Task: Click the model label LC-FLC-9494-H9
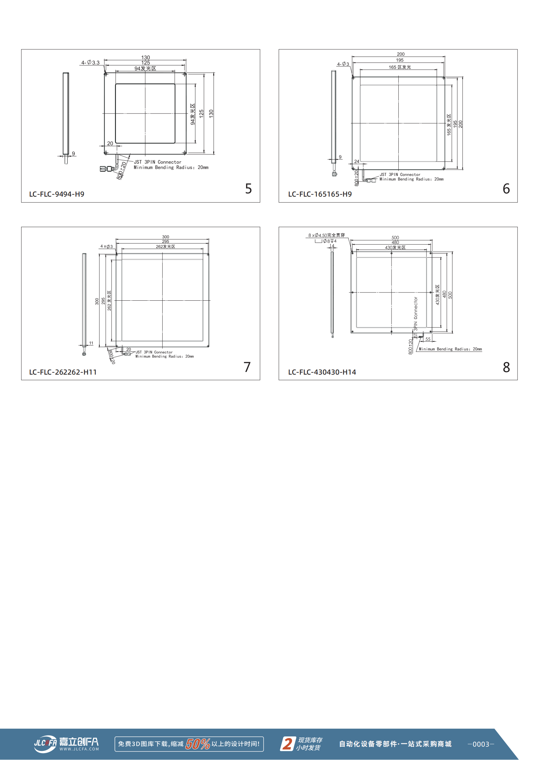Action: tap(57, 194)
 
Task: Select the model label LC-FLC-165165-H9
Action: tap(320, 194)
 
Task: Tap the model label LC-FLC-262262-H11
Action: tap(63, 372)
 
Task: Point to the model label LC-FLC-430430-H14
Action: tap(322, 372)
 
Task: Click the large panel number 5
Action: tap(249, 188)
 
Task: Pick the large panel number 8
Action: tap(506, 367)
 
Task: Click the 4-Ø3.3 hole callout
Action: tap(90, 62)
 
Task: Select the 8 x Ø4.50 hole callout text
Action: tap(326, 235)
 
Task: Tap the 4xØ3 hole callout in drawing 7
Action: tap(107, 247)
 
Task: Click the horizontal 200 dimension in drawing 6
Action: tap(401, 54)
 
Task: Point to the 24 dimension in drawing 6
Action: tap(357, 161)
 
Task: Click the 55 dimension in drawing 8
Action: tap(428, 339)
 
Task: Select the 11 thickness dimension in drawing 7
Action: tap(91, 343)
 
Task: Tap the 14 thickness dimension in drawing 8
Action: tap(332, 246)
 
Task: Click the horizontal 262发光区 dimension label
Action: tap(166, 247)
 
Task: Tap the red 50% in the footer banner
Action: tap(198, 744)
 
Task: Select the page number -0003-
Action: tap(481, 744)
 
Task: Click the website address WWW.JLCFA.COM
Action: tap(79, 749)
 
